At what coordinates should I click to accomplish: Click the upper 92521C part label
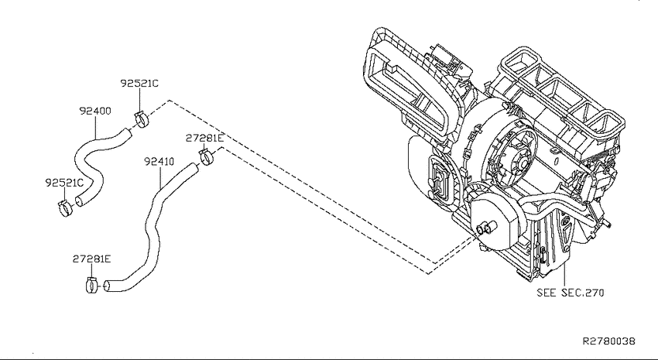pos(139,84)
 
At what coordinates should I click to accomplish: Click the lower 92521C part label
pos(64,183)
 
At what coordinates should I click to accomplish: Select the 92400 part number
pos(95,111)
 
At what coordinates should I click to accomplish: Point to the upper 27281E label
pos(205,138)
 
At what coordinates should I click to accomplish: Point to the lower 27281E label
pos(92,259)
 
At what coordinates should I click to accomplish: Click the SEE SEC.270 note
pos(571,293)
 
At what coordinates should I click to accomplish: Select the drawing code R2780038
pos(609,341)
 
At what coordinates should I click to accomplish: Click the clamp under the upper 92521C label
pos(142,120)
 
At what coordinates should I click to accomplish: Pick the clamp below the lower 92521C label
pos(65,207)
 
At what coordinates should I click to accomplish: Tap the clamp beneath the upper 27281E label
pos(207,157)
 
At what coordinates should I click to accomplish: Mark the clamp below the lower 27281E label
pos(92,286)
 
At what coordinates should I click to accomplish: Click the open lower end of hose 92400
pos(79,201)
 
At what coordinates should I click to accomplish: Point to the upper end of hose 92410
pos(194,168)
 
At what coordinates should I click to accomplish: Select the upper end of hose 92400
pos(127,133)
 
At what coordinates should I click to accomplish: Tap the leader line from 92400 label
pos(95,128)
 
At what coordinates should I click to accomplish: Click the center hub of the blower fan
pos(519,162)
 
